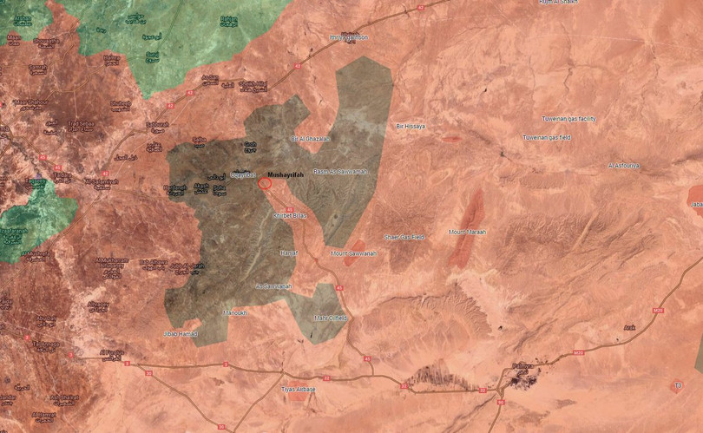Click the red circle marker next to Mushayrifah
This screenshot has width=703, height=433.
[266, 183]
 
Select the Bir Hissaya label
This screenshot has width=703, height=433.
[411, 127]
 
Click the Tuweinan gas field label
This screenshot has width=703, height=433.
[546, 138]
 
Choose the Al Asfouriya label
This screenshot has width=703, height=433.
[623, 165]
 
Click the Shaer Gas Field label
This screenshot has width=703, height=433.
[404, 237]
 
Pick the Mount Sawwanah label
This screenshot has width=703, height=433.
[351, 253]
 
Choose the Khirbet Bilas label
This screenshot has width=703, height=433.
[291, 214]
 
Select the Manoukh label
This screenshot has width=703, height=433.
[237, 312]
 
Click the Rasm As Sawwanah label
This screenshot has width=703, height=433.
[340, 172]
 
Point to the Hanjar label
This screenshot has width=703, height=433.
[288, 253]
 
